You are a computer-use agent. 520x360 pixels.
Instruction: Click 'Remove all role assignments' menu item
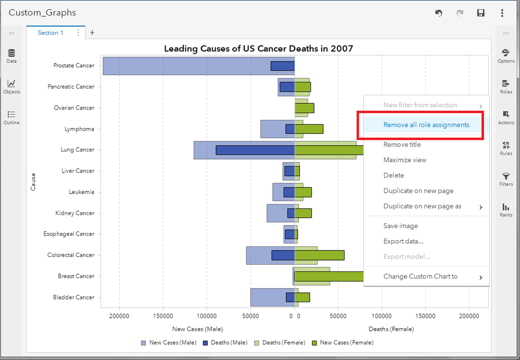click(426, 125)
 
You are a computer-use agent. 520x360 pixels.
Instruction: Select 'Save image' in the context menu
click(400, 226)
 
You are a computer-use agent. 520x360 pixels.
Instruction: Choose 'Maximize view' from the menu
click(404, 160)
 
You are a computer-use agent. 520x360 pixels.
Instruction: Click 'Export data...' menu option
click(403, 241)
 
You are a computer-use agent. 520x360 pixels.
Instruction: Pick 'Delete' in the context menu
click(394, 176)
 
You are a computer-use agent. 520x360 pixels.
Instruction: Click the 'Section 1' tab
click(50, 33)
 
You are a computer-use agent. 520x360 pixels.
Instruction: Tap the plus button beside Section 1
click(92, 33)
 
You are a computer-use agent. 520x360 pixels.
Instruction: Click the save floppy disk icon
click(481, 13)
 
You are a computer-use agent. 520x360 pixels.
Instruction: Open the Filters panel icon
click(505, 179)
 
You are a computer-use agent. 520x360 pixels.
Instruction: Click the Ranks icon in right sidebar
click(505, 209)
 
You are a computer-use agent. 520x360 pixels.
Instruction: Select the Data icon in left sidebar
click(11, 56)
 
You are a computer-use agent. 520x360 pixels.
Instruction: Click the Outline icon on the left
click(11, 117)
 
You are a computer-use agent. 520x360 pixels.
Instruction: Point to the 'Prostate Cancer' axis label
click(73, 66)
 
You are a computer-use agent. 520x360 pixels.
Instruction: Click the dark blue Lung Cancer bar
click(255, 150)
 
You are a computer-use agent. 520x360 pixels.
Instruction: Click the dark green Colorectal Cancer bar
click(319, 255)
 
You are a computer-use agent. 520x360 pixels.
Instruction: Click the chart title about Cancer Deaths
click(258, 48)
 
